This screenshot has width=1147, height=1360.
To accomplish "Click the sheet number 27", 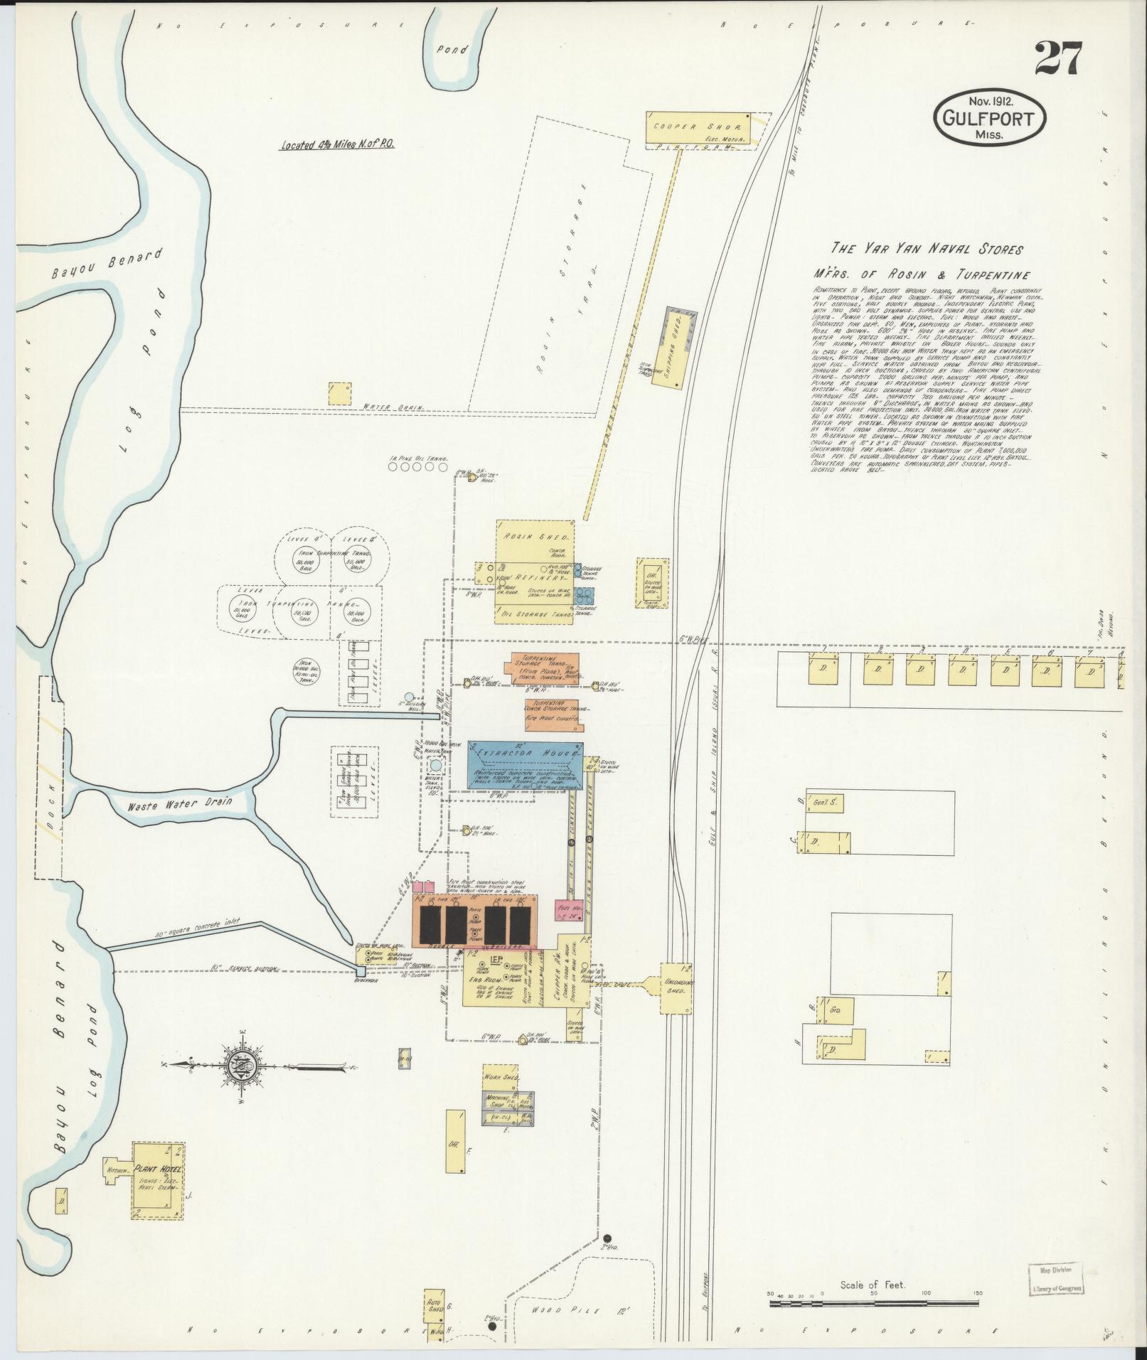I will pyautogui.click(x=1058, y=58).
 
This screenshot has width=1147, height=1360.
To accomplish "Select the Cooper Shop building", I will pyautogui.click(x=698, y=129).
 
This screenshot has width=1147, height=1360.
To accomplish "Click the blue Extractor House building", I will pyautogui.click(x=526, y=766).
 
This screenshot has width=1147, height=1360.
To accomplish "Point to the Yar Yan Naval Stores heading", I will pyautogui.click(x=927, y=249).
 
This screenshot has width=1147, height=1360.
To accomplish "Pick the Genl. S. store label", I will pyautogui.click(x=823, y=803).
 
